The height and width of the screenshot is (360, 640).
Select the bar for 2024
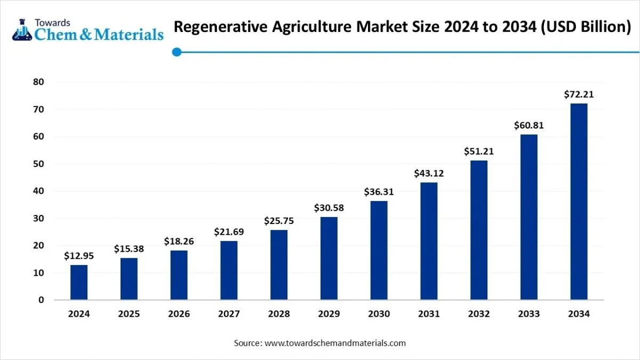[x=79, y=282]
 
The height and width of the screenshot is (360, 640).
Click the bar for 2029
[x=329, y=258]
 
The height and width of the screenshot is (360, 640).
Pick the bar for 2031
[x=429, y=241]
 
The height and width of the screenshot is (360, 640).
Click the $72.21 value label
[x=579, y=94]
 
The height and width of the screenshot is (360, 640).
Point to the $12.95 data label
[x=79, y=256]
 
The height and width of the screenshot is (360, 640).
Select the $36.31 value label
[x=379, y=191]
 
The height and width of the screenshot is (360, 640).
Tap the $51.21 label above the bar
[x=479, y=151]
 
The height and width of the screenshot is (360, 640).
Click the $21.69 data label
[x=229, y=232]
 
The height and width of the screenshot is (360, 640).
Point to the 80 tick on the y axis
[x=38, y=82]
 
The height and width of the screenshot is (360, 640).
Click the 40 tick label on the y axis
[x=38, y=191]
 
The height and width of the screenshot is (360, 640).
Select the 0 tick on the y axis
[x=41, y=300]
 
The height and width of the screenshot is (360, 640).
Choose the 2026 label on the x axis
[x=179, y=314]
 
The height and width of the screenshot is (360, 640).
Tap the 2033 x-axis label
[x=529, y=314]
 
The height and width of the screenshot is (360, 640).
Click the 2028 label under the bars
[x=279, y=314]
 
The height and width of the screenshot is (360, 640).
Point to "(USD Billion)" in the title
[x=586, y=27]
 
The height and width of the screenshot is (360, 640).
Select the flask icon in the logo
[x=22, y=30]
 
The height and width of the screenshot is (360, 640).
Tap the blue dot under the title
[x=177, y=52]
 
